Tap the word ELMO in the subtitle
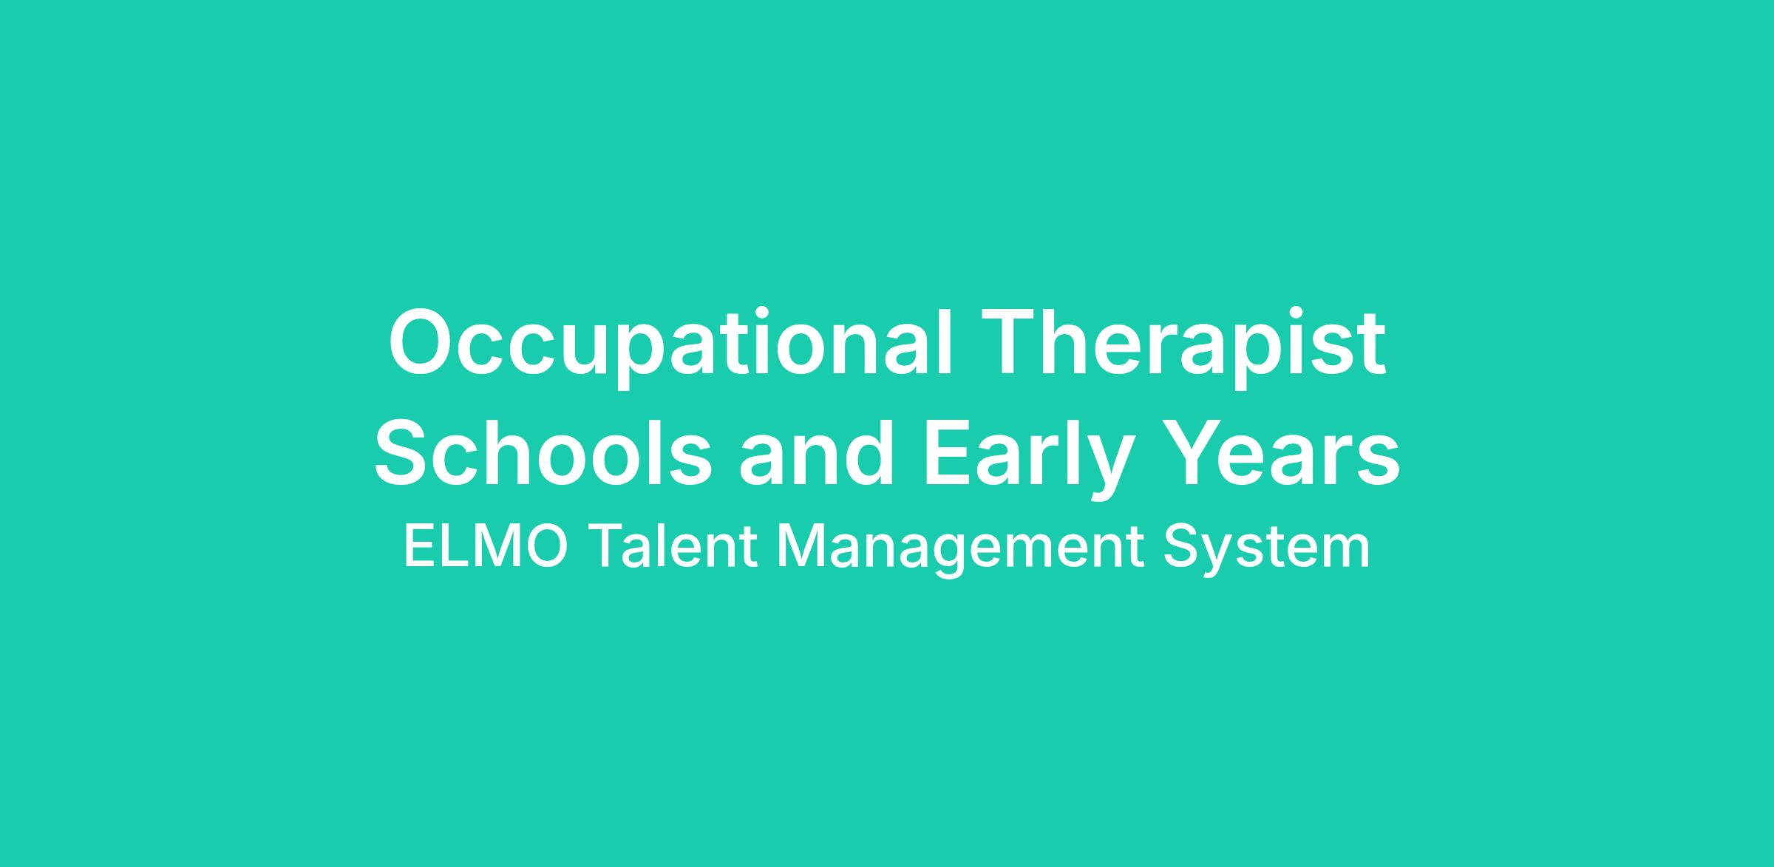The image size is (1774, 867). pos(486,548)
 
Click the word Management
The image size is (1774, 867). pos(959,551)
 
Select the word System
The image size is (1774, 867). pos(1266,551)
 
